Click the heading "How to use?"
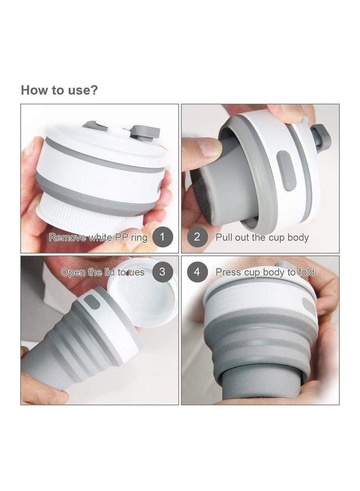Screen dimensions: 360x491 [x=59, y=90]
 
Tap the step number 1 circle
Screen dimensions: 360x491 [x=162, y=237]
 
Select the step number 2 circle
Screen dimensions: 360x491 [x=197, y=237]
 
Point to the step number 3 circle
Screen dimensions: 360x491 [x=162, y=272]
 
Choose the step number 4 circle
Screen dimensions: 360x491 [x=197, y=272]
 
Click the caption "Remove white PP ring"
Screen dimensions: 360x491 [x=98, y=237]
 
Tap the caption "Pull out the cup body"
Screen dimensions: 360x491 [x=262, y=237]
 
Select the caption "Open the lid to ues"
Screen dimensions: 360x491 [x=103, y=272]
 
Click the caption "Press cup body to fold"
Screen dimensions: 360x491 [x=265, y=272]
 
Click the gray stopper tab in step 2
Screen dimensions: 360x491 [x=322, y=138]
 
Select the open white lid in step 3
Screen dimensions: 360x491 [x=143, y=292]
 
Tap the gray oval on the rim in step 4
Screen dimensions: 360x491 [x=309, y=305]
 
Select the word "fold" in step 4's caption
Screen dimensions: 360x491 [x=306, y=272]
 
